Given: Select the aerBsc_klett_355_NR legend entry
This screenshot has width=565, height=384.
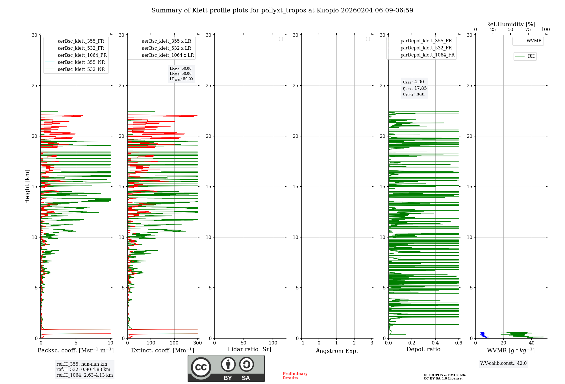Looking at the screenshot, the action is (x=75, y=62).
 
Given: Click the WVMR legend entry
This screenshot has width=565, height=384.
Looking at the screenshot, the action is (x=528, y=41).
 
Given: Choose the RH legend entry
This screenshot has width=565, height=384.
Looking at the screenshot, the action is (x=525, y=56).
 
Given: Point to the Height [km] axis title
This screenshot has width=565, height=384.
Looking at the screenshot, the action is (x=27, y=187).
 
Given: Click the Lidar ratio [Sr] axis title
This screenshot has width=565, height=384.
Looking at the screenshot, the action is (x=249, y=350).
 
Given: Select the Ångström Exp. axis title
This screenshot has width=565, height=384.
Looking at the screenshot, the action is (x=337, y=351).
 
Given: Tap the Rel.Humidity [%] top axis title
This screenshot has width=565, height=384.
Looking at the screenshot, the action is (x=511, y=24).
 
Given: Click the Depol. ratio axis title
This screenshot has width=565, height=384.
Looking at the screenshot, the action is (x=423, y=349).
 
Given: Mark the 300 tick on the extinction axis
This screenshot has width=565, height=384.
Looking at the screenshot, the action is (x=197, y=343).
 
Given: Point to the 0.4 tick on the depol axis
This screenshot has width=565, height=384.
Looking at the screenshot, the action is (x=435, y=343).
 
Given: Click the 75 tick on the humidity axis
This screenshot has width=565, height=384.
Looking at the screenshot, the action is (x=528, y=29).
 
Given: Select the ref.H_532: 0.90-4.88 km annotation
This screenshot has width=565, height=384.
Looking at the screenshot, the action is (x=83, y=370).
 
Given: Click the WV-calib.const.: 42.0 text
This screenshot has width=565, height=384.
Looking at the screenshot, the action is (x=503, y=363).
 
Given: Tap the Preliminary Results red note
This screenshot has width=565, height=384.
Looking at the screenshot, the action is (x=295, y=376).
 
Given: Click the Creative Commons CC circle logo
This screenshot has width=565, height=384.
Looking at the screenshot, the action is (x=201, y=367).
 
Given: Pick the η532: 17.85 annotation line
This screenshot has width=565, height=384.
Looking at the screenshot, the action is (x=415, y=88).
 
